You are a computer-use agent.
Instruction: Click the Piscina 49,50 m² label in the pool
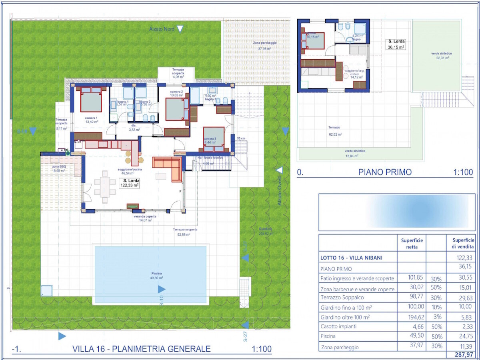point(151,276)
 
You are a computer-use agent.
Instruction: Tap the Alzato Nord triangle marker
point(180,29)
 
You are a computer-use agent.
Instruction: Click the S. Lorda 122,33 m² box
point(129,183)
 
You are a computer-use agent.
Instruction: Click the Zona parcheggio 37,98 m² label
point(264,46)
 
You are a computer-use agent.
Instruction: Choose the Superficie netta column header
point(412,244)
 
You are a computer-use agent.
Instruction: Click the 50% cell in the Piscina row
point(436,336)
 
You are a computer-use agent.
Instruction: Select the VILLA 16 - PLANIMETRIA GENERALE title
point(142,349)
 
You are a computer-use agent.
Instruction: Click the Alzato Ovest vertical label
point(280,190)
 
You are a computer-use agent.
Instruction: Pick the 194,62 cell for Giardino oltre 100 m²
point(412,317)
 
